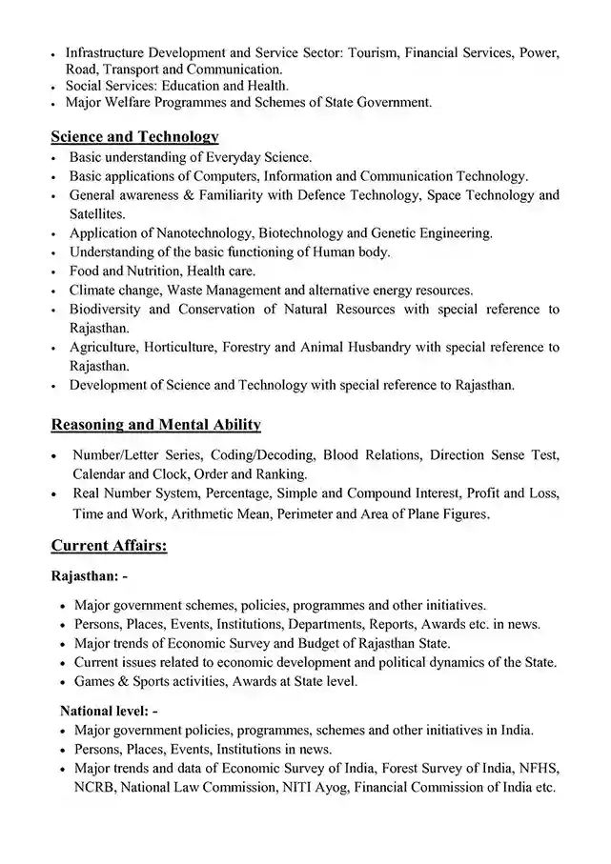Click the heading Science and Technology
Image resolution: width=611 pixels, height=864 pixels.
[x=134, y=137]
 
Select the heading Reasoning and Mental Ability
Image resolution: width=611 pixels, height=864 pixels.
[x=155, y=424]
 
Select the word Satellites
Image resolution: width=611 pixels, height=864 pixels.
[x=97, y=213]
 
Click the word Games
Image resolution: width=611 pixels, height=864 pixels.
[x=94, y=681]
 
